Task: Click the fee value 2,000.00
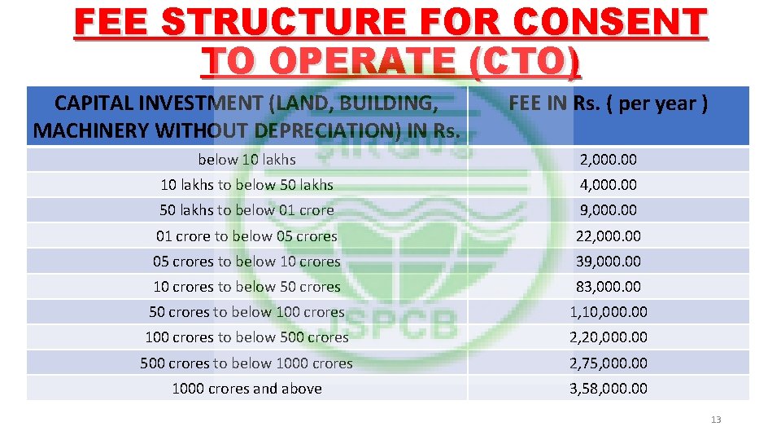pos(608,160)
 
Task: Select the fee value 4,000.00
pos(608,185)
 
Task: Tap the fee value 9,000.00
pos(608,210)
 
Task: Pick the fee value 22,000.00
pos(608,236)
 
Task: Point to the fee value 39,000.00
pos(608,262)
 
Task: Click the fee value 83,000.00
pos(608,287)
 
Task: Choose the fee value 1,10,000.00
pos(608,312)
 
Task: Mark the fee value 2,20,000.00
pos(608,337)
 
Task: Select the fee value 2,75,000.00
pos(608,363)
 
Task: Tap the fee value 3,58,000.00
pos(608,389)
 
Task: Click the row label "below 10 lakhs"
pos(247,160)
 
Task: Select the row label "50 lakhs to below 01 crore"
pos(247,210)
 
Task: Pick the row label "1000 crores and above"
pos(247,389)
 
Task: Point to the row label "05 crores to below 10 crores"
pos(247,262)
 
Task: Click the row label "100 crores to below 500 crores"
pos(247,337)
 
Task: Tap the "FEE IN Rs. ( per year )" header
pos(608,104)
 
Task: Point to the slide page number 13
pos(716,420)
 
